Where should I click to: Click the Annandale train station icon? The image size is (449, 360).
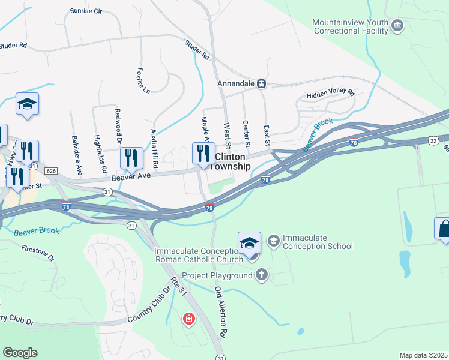pyautogui.click(x=262, y=84)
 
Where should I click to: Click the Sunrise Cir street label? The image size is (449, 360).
pyautogui.click(x=86, y=11)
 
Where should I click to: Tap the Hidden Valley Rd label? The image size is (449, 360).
pyautogui.click(x=331, y=94)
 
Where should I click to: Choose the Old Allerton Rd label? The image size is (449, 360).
pyautogui.click(x=220, y=311)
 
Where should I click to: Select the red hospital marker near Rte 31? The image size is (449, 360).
pyautogui.click(x=189, y=318)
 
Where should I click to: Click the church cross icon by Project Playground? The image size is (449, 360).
pyautogui.click(x=261, y=275)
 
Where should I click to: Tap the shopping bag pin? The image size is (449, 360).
pyautogui.click(x=443, y=229)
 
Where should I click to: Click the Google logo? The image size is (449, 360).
pyautogui.click(x=20, y=352)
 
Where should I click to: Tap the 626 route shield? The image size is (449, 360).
pyautogui.click(x=51, y=172)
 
